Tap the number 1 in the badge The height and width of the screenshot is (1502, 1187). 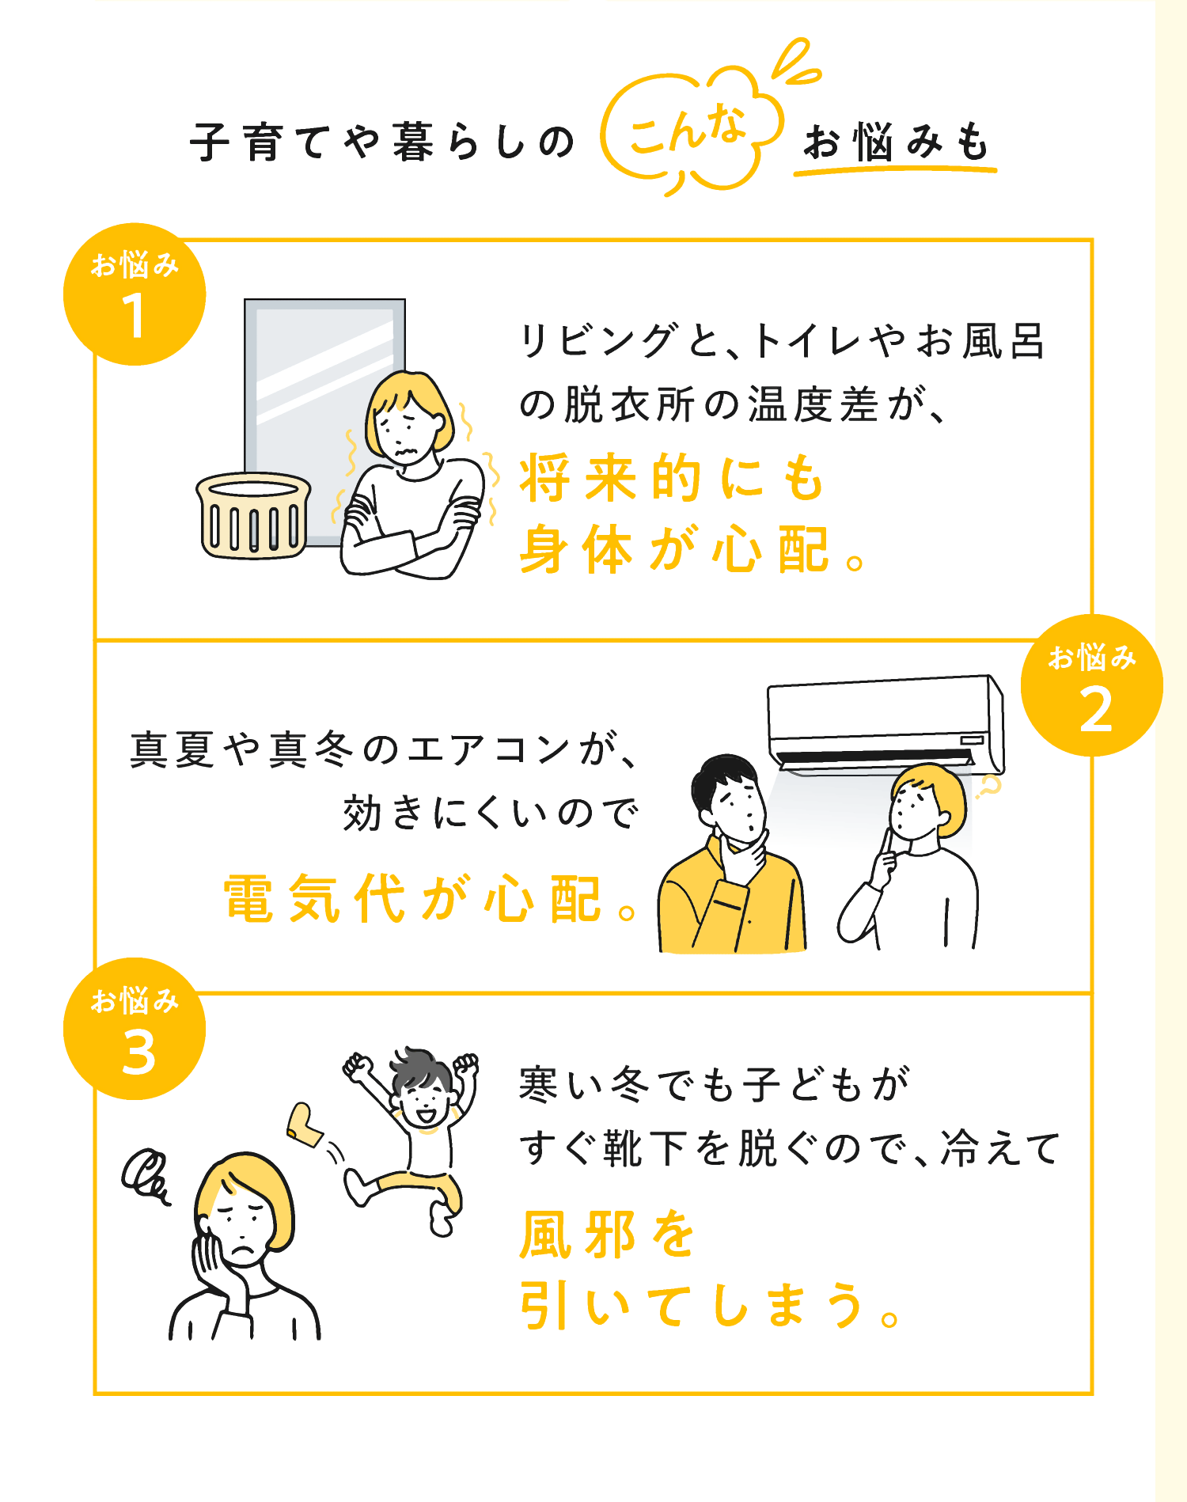(x=134, y=316)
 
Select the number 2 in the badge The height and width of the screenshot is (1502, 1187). (x=1094, y=708)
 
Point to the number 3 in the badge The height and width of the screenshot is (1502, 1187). (x=138, y=1052)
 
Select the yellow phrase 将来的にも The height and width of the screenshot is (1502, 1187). (x=673, y=479)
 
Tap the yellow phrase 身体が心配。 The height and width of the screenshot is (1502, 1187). (x=693, y=548)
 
